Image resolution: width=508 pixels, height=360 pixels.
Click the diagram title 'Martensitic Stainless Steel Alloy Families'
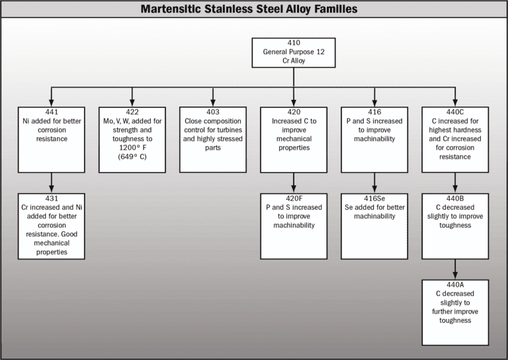click(254, 9)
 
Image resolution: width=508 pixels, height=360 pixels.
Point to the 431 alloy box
click(52, 226)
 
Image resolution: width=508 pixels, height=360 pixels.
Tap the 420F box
click(293, 226)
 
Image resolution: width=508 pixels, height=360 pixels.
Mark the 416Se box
click(374, 226)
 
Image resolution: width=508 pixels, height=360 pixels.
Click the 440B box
click(455, 226)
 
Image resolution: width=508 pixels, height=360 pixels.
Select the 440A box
click(455, 312)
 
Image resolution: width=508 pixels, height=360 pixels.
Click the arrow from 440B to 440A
click(455, 269)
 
